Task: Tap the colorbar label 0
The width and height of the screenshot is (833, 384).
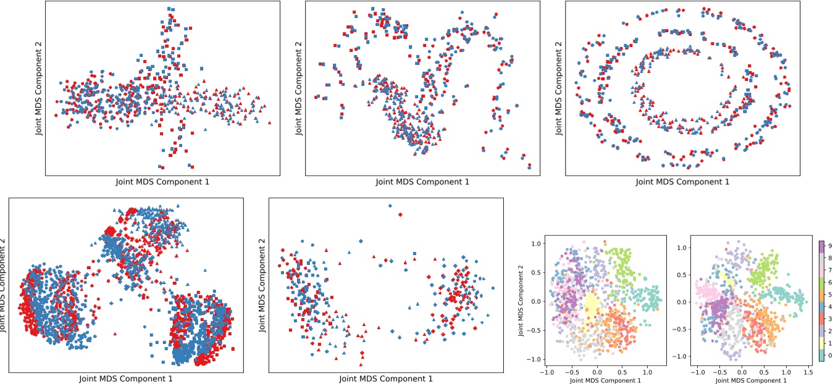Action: [831, 356]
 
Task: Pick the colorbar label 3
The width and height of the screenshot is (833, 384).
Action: [831, 319]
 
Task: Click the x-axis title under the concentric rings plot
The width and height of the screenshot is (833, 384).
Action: [682, 182]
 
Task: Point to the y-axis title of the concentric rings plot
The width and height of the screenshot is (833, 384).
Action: [559, 88]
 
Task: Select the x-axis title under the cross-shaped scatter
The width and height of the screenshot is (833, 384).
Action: [162, 182]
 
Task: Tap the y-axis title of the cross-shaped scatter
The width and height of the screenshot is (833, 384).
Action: [39, 88]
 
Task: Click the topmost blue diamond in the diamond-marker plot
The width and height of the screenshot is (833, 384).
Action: [390, 206]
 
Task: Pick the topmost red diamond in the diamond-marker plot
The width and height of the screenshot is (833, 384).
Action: [400, 214]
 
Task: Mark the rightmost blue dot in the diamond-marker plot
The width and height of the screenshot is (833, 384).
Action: [492, 288]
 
